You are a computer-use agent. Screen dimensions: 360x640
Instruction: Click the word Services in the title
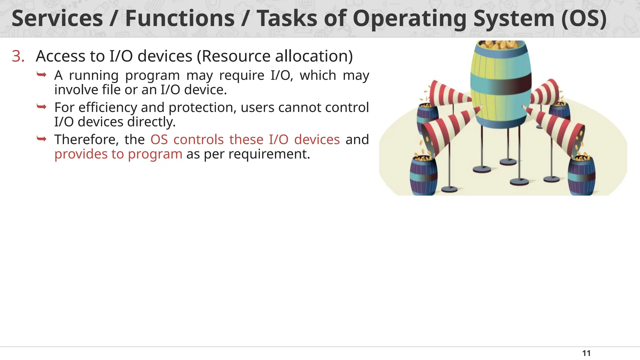point(57,18)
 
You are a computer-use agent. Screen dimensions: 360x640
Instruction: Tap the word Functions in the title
point(180,18)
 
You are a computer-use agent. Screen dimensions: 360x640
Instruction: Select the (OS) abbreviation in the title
point(584,18)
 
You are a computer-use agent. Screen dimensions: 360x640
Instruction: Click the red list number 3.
point(18,57)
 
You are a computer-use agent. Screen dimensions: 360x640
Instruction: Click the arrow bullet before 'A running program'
point(42,75)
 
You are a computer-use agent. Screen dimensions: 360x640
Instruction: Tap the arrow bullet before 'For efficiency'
point(42,107)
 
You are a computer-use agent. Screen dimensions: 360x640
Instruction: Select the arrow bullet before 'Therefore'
point(42,139)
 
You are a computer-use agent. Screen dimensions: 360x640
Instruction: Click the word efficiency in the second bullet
point(107,108)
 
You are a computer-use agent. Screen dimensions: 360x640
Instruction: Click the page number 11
point(586,353)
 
